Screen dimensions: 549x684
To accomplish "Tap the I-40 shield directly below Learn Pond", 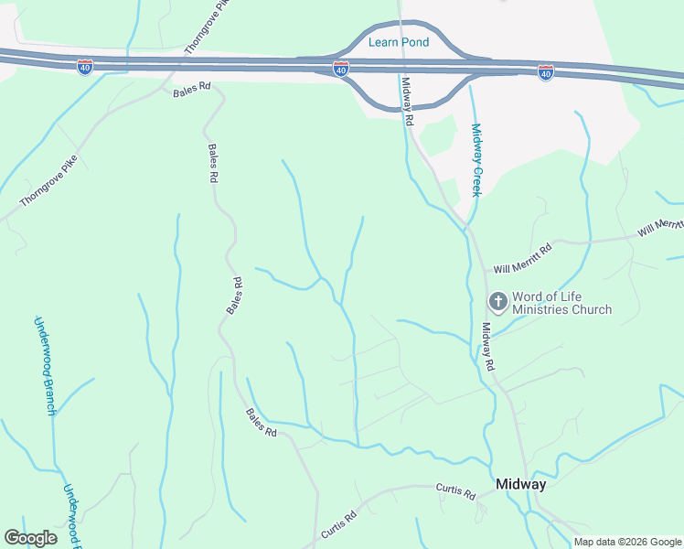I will click(340, 70).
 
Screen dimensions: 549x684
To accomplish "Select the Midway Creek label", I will click(476, 160).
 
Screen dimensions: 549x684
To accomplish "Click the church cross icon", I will click(498, 301).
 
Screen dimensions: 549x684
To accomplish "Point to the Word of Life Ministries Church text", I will click(561, 303).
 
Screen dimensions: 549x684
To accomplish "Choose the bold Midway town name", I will click(520, 484).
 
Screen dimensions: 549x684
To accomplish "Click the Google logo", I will click(30, 538).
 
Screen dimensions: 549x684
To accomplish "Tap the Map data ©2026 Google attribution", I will click(626, 542).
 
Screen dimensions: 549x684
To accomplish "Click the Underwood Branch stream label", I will click(43, 365).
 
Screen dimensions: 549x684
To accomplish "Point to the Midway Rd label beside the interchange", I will click(408, 101).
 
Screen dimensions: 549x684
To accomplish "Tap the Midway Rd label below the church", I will click(488, 345).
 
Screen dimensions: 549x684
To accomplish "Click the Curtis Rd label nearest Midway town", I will click(455, 494).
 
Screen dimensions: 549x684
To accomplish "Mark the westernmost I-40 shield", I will click(84, 69).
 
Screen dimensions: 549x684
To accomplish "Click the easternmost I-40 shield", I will click(546, 70).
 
